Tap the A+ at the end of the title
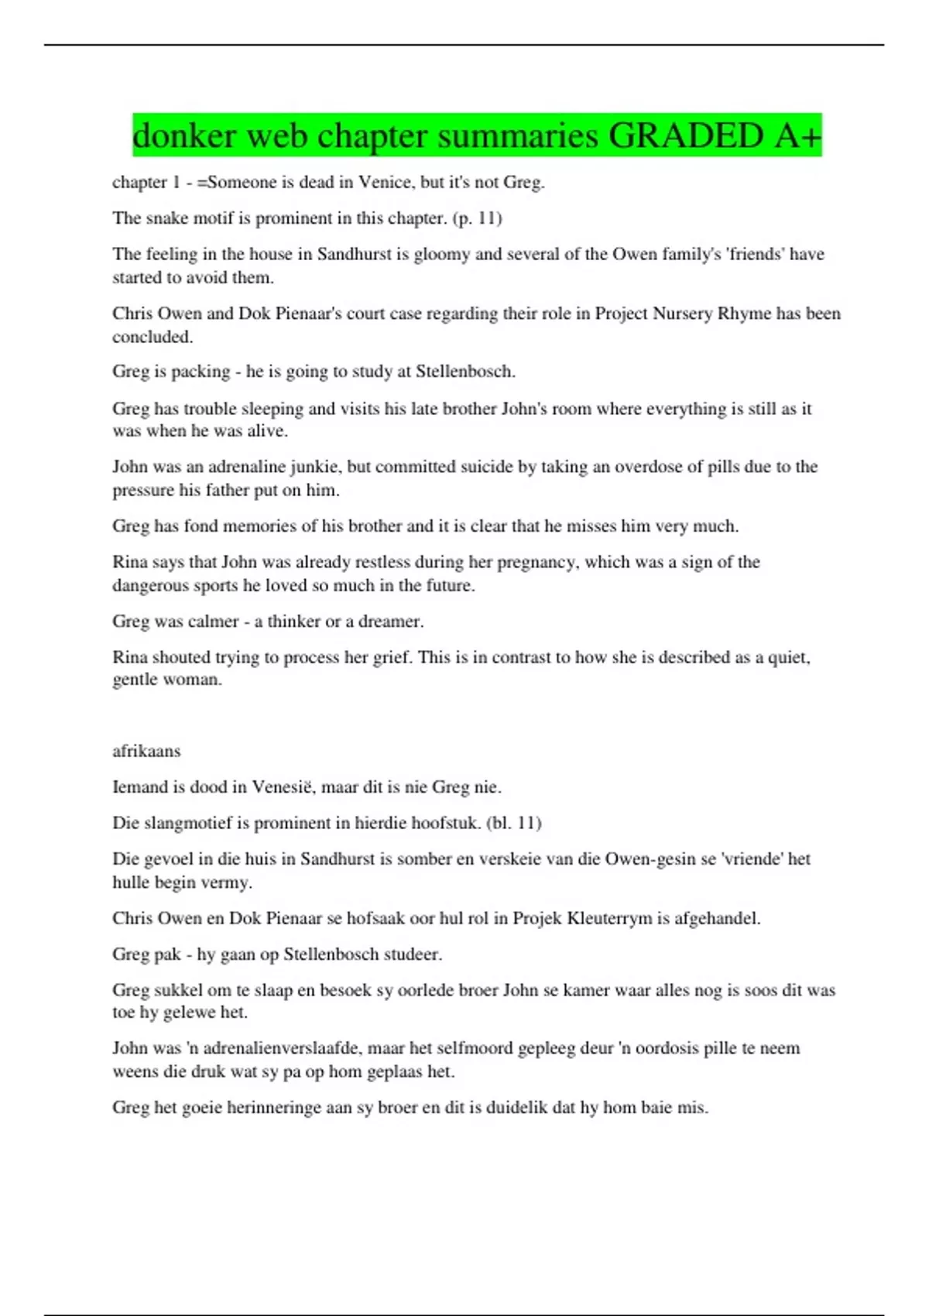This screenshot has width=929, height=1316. (797, 136)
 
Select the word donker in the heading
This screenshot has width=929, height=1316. (184, 136)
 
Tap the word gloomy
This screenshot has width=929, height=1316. (442, 254)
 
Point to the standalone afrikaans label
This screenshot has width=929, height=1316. (146, 751)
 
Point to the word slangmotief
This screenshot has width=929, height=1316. (188, 823)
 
